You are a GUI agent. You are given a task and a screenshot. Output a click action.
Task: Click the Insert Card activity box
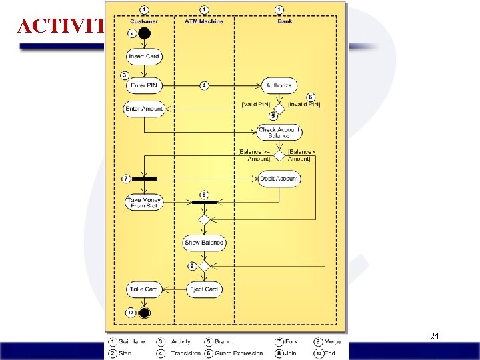pos(144,57)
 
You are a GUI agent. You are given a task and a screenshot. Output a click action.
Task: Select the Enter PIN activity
pos(144,85)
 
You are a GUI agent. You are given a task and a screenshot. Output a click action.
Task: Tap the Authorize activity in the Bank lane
pos(279,85)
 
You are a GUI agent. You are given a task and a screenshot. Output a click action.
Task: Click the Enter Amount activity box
pos(144,109)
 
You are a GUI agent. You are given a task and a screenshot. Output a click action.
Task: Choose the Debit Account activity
pos(279,179)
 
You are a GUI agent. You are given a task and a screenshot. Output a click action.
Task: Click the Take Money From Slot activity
pos(144,203)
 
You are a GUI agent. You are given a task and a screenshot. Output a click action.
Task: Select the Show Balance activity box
pos(205,243)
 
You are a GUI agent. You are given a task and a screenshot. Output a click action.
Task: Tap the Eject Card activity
pos(204,289)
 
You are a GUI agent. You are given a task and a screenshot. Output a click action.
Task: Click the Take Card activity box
pos(144,289)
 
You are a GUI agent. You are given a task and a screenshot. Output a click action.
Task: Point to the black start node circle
pos(144,33)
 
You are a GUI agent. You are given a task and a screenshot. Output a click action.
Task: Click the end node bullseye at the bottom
pos(144,312)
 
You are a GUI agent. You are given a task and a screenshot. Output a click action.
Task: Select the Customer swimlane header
pos(144,21)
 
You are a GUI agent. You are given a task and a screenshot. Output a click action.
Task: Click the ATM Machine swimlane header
pos(204,21)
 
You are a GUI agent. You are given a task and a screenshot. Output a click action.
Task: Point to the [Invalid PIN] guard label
pos(304,104)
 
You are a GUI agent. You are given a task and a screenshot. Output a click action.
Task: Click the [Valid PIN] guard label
pos(255,104)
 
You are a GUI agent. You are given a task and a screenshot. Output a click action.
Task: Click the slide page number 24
pos(434,337)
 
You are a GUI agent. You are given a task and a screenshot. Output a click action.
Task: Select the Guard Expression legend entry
pos(239,353)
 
